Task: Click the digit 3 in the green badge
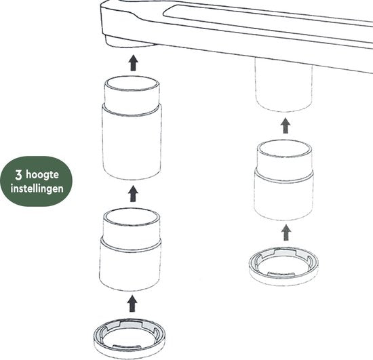[18, 175]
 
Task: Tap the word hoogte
[42, 175]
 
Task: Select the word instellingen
[37, 188]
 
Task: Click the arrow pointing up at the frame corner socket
[133, 63]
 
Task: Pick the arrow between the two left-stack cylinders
[133, 194]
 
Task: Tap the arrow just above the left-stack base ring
[132, 304]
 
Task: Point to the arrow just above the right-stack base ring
[286, 233]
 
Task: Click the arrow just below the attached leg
[286, 125]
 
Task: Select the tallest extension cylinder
[132, 128]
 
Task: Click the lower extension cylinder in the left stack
[130, 249]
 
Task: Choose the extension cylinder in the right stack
[284, 180]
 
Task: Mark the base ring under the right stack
[283, 266]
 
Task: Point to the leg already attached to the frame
[283, 85]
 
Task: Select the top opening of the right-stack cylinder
[285, 148]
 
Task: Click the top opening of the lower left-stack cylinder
[132, 217]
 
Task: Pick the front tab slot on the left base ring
[126, 346]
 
